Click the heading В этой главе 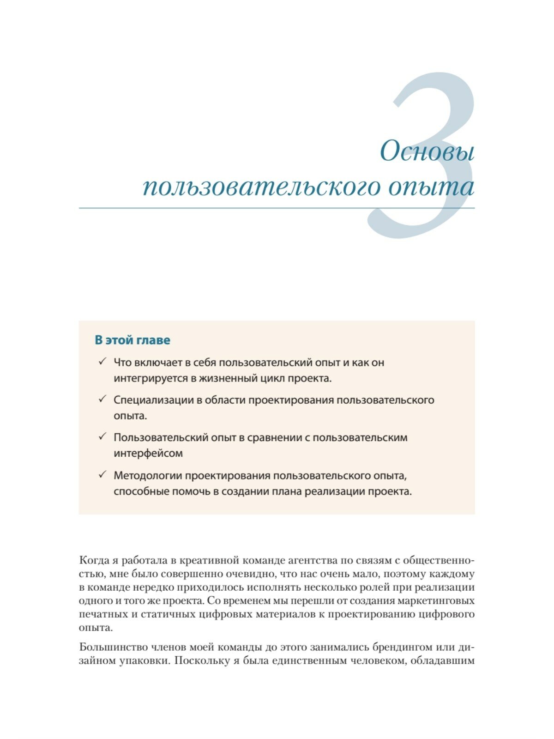pos(132,340)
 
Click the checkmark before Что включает pos(102,362)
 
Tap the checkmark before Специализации pos(102,399)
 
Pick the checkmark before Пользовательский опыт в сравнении pos(102,436)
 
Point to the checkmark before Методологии pos(102,474)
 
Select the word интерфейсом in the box pos(148,453)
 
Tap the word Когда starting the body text pos(95,561)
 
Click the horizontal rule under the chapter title pos(277,208)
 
